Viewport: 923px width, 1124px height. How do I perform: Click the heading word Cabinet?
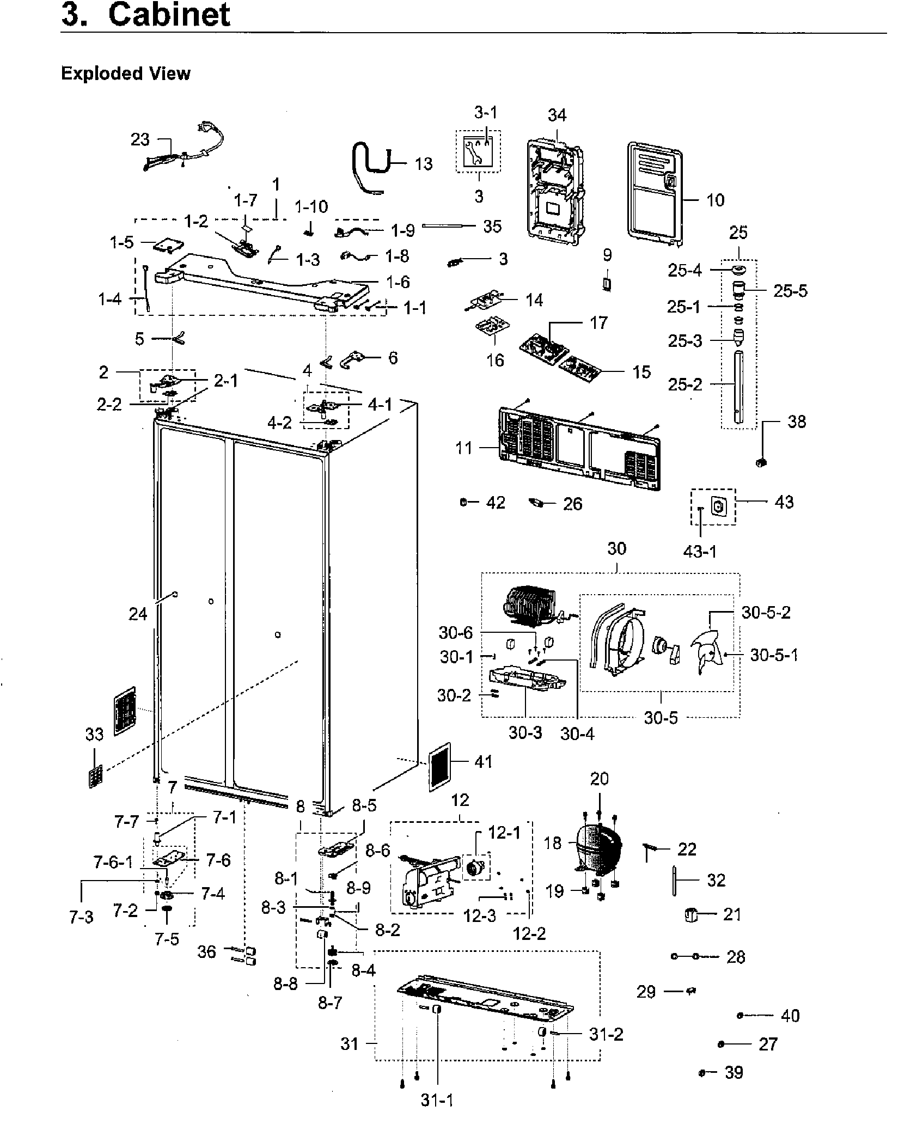pyautogui.click(x=169, y=15)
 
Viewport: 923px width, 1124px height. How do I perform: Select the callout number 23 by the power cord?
pyautogui.click(x=140, y=140)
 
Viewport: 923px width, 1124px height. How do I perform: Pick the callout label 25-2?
pyautogui.click(x=685, y=385)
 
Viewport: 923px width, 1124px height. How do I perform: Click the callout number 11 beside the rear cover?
pyautogui.click(x=464, y=448)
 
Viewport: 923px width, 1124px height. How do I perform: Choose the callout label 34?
pyautogui.click(x=557, y=115)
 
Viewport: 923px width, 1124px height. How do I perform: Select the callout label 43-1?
pyautogui.click(x=700, y=552)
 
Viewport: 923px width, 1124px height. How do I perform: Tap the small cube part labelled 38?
pyautogui.click(x=761, y=462)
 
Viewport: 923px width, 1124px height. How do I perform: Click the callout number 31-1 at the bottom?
pyautogui.click(x=437, y=1101)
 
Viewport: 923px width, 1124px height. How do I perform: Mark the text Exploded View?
pyautogui.click(x=126, y=74)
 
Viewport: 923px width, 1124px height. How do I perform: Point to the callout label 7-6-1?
pyautogui.click(x=113, y=862)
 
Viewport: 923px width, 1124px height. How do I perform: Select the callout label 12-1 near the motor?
pyautogui.click(x=504, y=833)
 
